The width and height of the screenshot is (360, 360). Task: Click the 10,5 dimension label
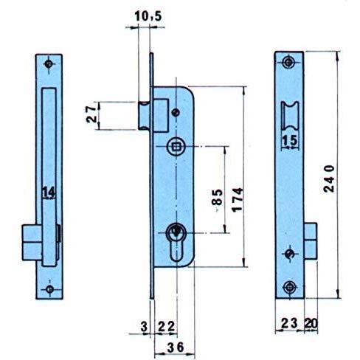tap(148, 17)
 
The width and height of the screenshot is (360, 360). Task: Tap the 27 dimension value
tap(91, 114)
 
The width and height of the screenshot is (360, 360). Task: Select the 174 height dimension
tap(238, 200)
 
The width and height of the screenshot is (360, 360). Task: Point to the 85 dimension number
tap(218, 198)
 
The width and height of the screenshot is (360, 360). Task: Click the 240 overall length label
tap(329, 179)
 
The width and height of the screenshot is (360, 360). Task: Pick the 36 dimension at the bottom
tap(176, 347)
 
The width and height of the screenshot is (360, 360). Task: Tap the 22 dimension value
tap(167, 327)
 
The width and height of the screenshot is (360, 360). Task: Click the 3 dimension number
tap(145, 327)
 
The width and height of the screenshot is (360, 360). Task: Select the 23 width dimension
tap(289, 323)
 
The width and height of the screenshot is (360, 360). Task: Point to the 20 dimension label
tap(311, 323)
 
